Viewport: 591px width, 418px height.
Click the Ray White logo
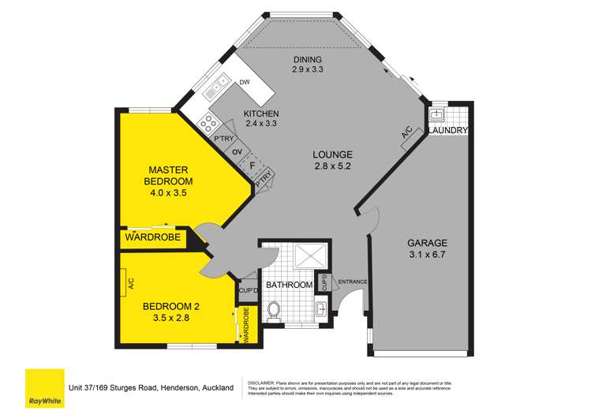44,387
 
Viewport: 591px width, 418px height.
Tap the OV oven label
236,152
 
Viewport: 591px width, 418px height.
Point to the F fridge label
252,166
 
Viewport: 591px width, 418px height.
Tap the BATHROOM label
290,285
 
